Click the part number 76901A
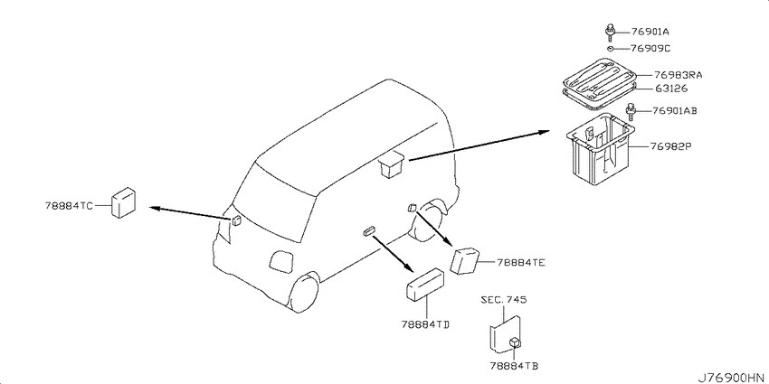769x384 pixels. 650,33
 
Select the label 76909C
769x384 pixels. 650,49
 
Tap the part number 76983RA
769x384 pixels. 679,75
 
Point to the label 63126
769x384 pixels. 671,89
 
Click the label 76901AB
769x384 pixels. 675,111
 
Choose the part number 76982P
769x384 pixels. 670,146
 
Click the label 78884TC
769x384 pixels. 69,206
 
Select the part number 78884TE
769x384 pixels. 521,263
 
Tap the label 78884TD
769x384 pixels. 426,323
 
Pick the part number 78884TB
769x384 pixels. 514,365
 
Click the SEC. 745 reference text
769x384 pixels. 504,300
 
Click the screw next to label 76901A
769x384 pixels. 610,33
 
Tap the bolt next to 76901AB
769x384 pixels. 631,112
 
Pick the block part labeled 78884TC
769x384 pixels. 123,201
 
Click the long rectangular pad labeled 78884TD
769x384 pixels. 424,284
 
